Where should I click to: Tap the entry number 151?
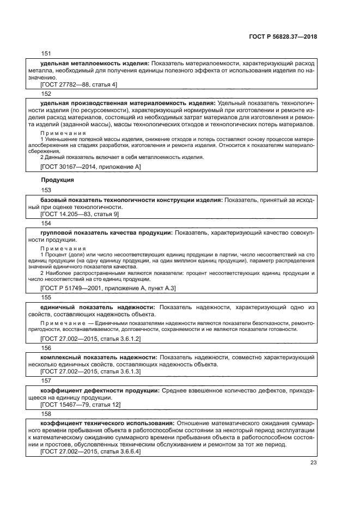(46, 53)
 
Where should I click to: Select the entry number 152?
(46, 94)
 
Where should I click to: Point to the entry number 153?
(46, 190)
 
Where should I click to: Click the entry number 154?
(46, 223)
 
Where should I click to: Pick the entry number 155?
(46, 298)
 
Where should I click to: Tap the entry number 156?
(46, 347)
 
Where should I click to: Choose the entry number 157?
(46, 381)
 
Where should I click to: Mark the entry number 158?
(46, 414)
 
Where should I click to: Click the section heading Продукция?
(58, 179)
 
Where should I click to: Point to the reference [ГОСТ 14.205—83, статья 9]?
(80, 214)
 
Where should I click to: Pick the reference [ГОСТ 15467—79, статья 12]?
(81, 404)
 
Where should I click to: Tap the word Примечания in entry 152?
(63, 133)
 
